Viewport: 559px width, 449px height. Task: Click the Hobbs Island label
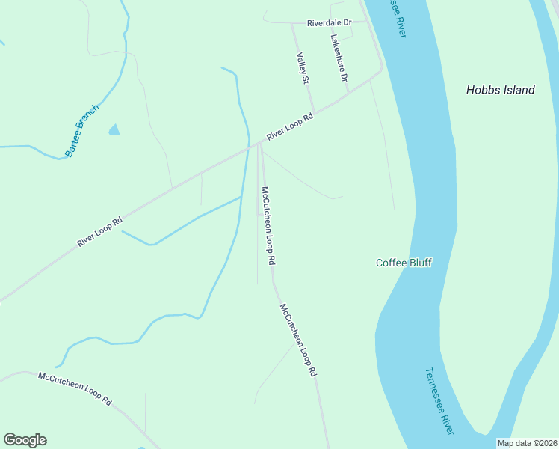pos(500,90)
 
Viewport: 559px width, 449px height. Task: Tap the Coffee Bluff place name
pos(404,263)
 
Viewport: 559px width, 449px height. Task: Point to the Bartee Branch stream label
pos(81,130)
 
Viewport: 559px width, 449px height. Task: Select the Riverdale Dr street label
pos(329,22)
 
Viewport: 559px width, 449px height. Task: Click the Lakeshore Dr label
pos(339,58)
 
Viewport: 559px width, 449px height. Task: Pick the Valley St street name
pos(302,68)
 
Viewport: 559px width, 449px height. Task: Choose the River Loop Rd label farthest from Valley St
pos(99,233)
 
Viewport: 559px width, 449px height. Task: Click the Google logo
pos(25,440)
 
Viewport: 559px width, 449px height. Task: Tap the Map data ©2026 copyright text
pos(527,443)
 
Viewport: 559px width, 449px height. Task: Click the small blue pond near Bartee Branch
pos(114,129)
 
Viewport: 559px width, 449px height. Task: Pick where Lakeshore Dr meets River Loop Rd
pos(349,94)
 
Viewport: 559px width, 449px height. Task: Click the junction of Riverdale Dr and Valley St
pos(291,22)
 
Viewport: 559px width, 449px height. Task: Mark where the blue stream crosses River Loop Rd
pos(247,150)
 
